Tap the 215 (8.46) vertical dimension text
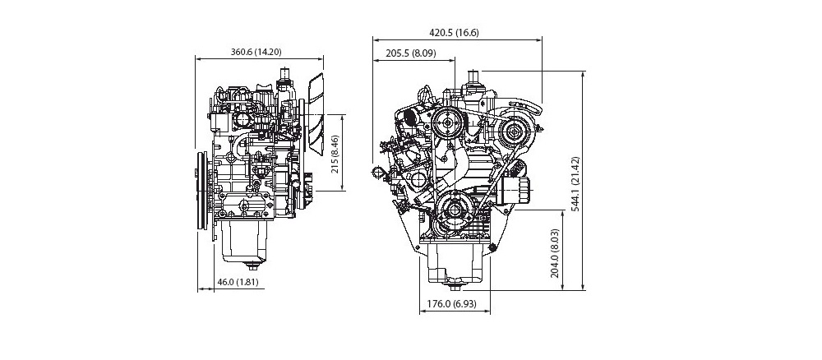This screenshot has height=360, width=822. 335,154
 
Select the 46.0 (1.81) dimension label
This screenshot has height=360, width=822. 238,282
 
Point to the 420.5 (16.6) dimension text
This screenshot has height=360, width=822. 454,33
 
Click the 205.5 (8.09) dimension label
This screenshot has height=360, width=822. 410,53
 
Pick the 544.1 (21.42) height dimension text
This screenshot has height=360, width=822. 575,183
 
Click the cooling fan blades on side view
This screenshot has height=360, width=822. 316,113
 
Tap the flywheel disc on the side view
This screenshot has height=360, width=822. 201,191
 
